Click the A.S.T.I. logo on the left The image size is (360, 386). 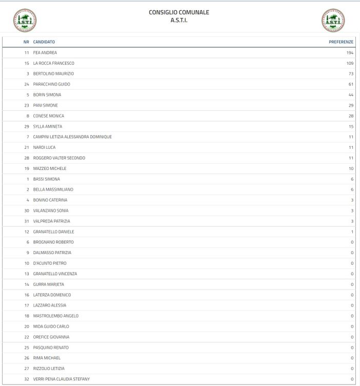click(24, 20)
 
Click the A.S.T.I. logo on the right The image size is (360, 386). click(333, 20)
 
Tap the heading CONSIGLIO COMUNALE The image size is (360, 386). click(179, 12)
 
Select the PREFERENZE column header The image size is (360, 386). click(341, 42)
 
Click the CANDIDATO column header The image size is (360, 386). click(44, 42)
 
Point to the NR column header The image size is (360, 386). click(26, 42)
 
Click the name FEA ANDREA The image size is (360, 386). click(45, 53)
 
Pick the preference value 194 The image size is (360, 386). click(350, 53)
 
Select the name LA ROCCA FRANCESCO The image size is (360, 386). click(54, 63)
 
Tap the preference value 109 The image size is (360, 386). click(350, 63)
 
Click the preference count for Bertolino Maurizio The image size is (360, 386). click(351, 74)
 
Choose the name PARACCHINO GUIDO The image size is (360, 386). click(52, 84)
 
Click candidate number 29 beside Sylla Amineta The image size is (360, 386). click(27, 126)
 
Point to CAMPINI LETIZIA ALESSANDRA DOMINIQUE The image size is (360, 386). click(72, 137)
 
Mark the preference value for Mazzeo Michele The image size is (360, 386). click(351, 168)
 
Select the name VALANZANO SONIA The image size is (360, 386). click(51, 210)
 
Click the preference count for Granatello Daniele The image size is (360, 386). click(352, 231)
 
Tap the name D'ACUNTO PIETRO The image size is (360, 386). click(50, 263)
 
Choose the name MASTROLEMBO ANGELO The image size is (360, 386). click(56, 316)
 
